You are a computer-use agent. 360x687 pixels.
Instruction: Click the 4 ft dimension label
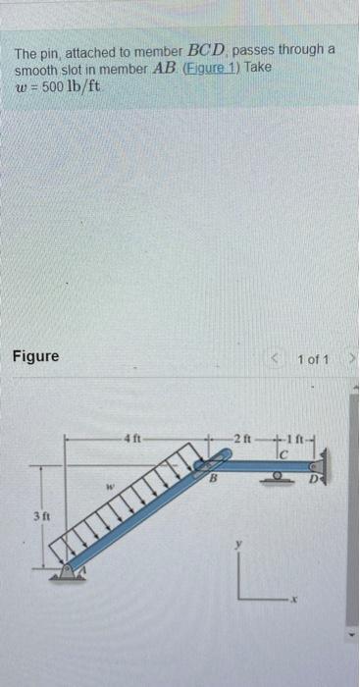[133, 436]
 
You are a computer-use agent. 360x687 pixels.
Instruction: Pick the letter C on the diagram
[283, 453]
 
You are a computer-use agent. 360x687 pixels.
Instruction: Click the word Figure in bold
[35, 355]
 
